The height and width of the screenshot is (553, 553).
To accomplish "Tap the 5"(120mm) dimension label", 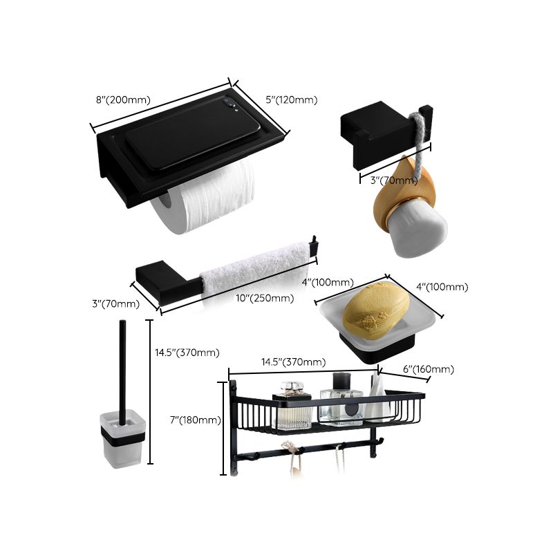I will click(x=291, y=100).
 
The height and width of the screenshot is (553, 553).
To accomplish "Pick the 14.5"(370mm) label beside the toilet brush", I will click(x=187, y=353).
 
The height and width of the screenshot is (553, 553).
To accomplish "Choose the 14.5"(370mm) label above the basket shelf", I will click(x=293, y=362).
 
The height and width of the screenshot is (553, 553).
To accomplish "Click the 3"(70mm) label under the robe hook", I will click(x=394, y=181).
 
